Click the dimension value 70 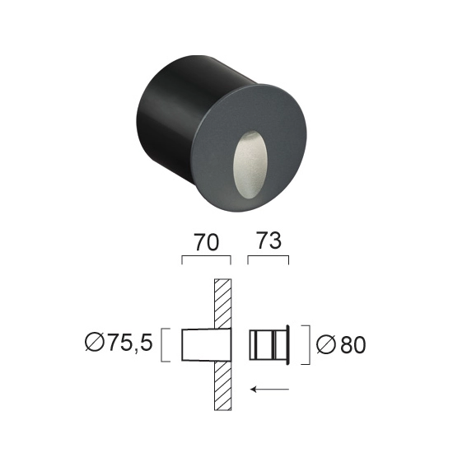click(x=206, y=242)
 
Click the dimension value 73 click(x=269, y=241)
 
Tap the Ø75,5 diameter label click(x=119, y=343)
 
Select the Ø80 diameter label click(x=341, y=345)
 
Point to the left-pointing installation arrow click(x=269, y=390)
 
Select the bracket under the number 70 click(x=206, y=256)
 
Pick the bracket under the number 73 click(x=269, y=256)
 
